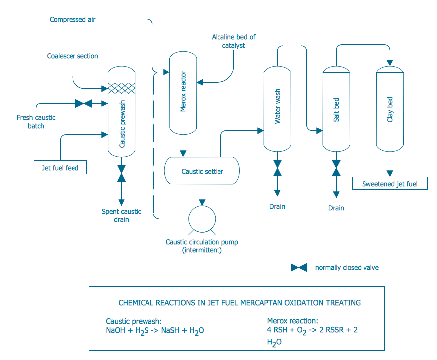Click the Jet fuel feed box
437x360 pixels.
click(x=60, y=168)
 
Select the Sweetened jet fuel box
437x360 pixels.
click(x=390, y=183)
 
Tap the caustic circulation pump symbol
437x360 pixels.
click(x=202, y=219)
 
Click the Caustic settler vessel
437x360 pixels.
click(x=202, y=171)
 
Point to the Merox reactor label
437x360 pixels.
click(x=183, y=94)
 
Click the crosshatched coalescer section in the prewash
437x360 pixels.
click(x=122, y=88)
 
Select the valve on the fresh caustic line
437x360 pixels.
click(x=83, y=104)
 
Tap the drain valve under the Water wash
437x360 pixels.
click(x=277, y=168)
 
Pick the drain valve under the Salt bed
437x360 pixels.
click(x=336, y=168)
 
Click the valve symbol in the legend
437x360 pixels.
click(x=298, y=267)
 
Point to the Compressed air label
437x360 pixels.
click(x=73, y=19)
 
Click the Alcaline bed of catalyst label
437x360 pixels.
click(x=233, y=41)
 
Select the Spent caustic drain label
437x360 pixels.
click(x=122, y=215)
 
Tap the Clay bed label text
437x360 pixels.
click(x=390, y=109)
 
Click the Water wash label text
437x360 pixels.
click(x=277, y=106)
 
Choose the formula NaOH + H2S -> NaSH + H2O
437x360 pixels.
click(x=155, y=331)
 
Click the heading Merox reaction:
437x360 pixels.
click(x=292, y=321)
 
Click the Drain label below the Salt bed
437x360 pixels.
click(x=336, y=208)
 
